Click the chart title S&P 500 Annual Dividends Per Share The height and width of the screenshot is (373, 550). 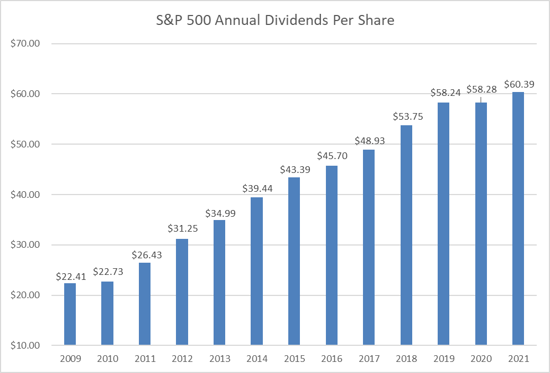[x=275, y=21]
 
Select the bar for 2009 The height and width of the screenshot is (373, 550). [x=70, y=314]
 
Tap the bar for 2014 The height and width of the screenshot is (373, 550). [x=257, y=271]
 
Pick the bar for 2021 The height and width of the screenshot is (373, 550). [x=518, y=218]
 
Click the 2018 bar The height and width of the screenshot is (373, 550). [x=406, y=235]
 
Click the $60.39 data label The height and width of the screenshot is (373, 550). [x=520, y=84]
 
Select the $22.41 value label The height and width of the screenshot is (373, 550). [x=71, y=275]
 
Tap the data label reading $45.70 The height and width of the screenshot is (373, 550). [x=332, y=156]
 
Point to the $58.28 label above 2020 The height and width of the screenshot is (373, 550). [x=481, y=89]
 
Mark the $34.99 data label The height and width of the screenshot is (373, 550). [x=220, y=213]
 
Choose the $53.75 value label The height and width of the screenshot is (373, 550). [x=407, y=116]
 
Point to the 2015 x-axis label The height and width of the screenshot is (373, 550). [x=294, y=359]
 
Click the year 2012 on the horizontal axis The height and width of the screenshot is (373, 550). [x=182, y=359]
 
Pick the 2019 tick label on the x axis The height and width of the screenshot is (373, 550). [x=443, y=359]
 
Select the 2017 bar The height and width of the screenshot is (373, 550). [x=369, y=247]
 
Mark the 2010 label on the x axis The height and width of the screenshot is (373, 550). [x=107, y=359]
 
